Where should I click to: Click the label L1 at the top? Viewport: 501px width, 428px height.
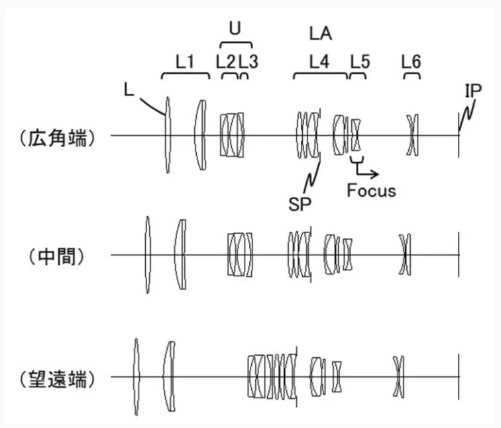coord(185,62)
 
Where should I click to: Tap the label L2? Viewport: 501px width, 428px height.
coord(226,62)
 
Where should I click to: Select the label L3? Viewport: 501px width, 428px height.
coord(249,62)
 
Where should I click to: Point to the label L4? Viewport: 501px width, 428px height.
coord(319,62)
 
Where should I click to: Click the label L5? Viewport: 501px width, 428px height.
coord(360,62)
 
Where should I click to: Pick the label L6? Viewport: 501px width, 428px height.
coord(411,62)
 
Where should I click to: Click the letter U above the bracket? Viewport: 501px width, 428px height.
coord(234,28)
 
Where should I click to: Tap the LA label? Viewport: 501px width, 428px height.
coord(321,32)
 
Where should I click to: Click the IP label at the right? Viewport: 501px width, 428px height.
coord(473,91)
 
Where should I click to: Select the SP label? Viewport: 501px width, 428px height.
coord(299,203)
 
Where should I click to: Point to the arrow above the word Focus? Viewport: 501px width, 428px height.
coord(368,170)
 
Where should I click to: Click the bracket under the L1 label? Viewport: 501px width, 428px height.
coord(186,74)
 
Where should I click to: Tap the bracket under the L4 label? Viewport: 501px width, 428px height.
coord(320,74)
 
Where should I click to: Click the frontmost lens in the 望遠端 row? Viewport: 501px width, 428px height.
coord(136,377)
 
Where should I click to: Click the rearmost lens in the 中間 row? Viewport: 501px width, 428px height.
coord(405,254)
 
